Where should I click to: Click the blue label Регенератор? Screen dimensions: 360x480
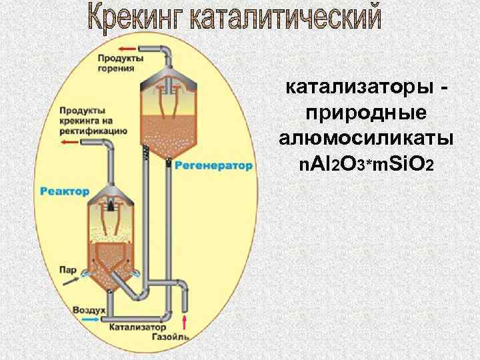click(x=214, y=165)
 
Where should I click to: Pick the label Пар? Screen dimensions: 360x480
click(x=67, y=270)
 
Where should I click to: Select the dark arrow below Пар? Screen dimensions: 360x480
click(x=69, y=282)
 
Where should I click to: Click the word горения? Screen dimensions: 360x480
click(x=110, y=68)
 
